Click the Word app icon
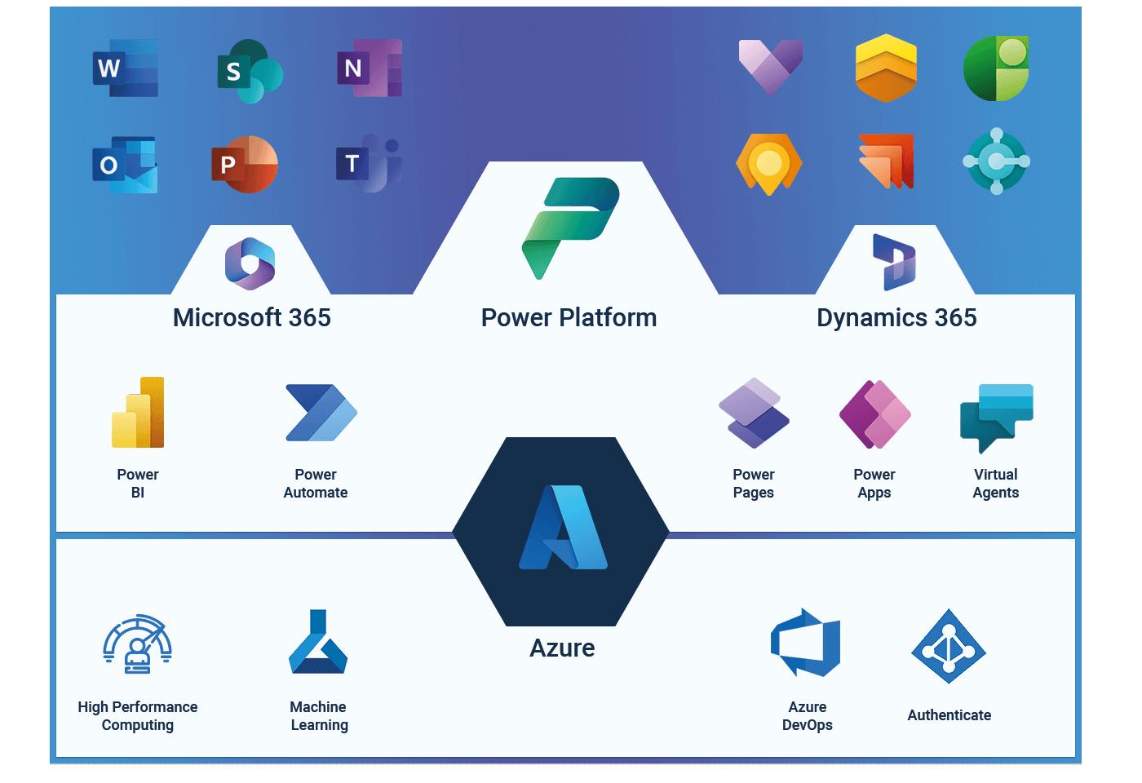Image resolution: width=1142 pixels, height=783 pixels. pos(126,68)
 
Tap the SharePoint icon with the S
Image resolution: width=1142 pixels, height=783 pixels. pos(250,71)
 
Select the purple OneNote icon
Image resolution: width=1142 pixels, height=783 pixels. pos(370,68)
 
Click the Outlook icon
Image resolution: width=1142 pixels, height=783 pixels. pos(125,165)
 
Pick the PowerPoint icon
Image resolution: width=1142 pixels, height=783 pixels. pos(245,164)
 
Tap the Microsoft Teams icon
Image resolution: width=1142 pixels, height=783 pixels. pos(369,163)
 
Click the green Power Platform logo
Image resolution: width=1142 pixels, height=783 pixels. pos(570,228)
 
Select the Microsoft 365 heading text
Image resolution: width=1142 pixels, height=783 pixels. pos(252,317)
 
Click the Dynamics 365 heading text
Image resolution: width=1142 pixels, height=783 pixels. pos(896,317)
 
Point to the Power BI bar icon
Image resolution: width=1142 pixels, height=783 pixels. pos(138,413)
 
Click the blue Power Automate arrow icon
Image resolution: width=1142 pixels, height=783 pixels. pos(321,413)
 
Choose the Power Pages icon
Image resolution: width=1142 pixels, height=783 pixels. pos(754,413)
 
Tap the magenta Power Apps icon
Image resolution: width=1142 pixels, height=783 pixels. pos(874,414)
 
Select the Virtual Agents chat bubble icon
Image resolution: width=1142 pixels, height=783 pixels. pos(996,418)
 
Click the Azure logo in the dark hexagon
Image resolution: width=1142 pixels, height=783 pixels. pos(564,527)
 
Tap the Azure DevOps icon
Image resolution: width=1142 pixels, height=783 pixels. pos(806,643)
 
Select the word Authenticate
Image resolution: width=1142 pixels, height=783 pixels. pos(949,715)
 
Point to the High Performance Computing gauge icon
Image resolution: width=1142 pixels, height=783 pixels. pos(137,644)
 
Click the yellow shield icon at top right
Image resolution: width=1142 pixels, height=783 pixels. pos(886,68)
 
